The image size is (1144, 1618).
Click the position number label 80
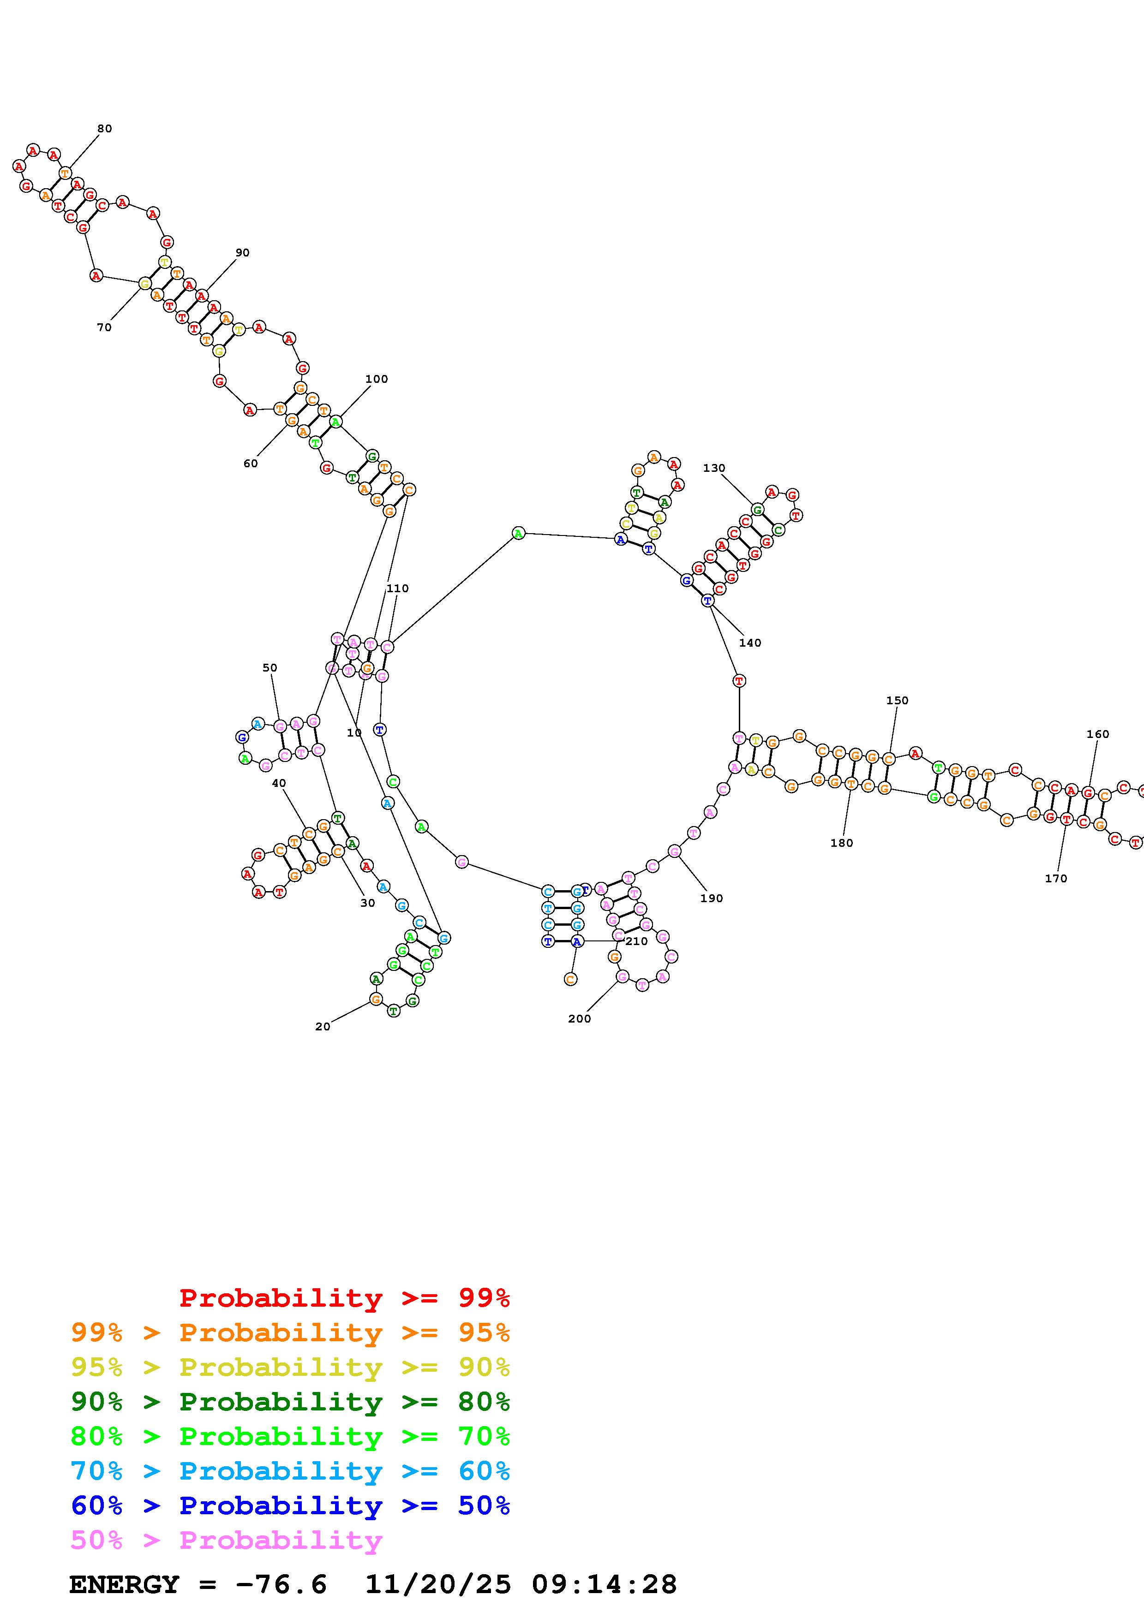(x=104, y=128)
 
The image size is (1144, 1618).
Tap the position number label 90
(x=242, y=252)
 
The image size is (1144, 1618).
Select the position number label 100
(x=377, y=378)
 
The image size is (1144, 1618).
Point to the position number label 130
(x=713, y=468)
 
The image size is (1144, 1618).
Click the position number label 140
(x=750, y=642)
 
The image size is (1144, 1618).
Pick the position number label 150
(x=897, y=701)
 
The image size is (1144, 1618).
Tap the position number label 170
(x=1056, y=878)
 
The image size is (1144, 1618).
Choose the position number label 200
(x=580, y=1018)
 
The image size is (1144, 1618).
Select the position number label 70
(x=104, y=327)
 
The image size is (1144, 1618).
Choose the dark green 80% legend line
(x=290, y=1402)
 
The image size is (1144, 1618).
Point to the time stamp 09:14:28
(x=604, y=1584)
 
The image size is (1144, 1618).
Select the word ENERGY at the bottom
(x=124, y=1584)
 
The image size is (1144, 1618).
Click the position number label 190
(x=712, y=898)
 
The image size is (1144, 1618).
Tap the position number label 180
(x=842, y=843)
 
